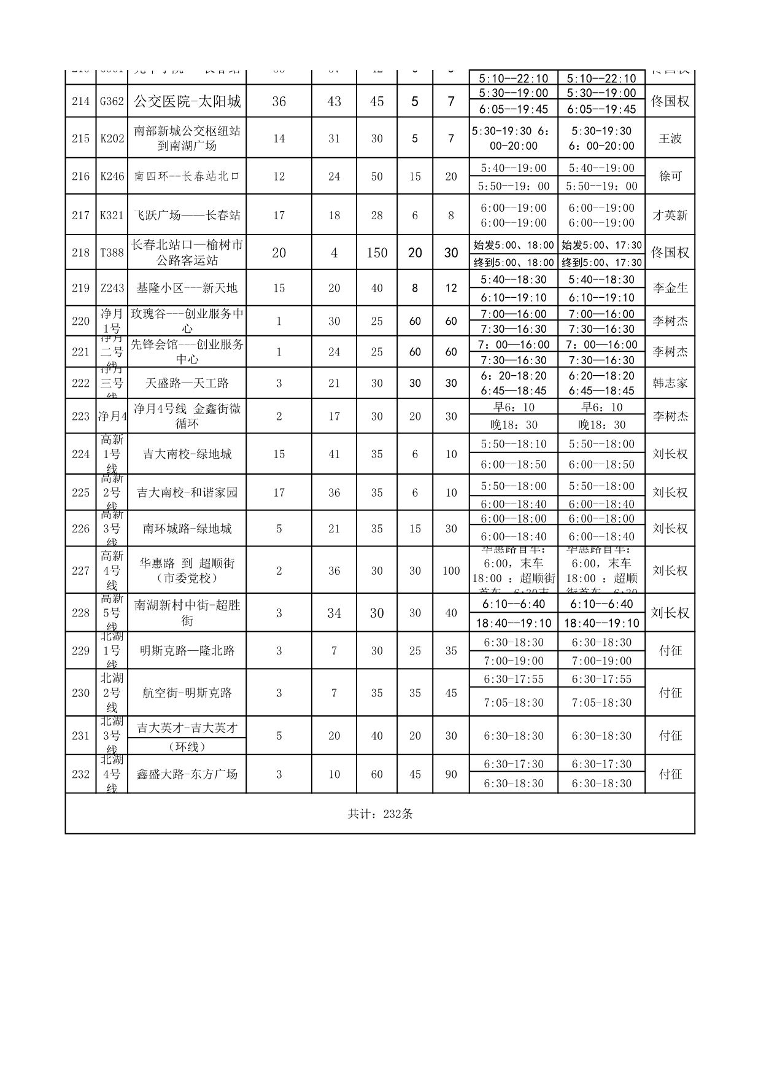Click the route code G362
[112, 101]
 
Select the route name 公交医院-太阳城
[187, 101]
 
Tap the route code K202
[112, 139]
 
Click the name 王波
[670, 139]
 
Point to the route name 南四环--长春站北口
[187, 176]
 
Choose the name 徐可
[670, 176]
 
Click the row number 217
[80, 216]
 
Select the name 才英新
[670, 216]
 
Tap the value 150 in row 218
[377, 252]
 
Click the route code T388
[112, 252]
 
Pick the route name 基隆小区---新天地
[187, 288]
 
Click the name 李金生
[670, 288]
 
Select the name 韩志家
[670, 383]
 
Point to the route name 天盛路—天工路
[187, 383]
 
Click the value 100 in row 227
[451, 570]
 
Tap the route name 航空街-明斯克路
[187, 693]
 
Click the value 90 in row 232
[451, 774]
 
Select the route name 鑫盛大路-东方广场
[187, 774]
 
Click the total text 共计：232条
[380, 814]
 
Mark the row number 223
[80, 416]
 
